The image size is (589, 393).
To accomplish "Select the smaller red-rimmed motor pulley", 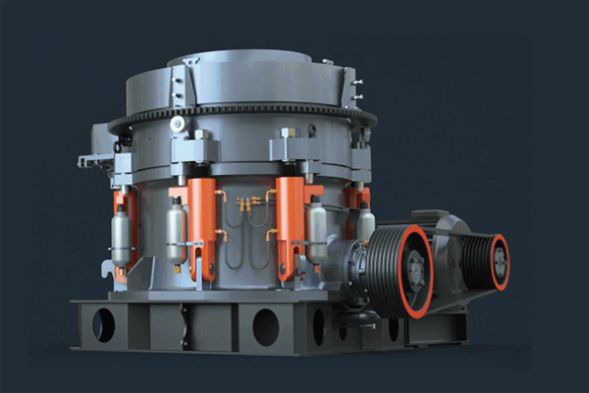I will coord(488,261).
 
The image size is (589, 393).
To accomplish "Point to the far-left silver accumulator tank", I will coord(121,236).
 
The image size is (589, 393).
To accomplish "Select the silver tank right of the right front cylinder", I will coord(317,232).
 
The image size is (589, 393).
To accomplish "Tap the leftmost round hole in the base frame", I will coord(103,324).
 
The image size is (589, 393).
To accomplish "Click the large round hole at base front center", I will coord(266,327).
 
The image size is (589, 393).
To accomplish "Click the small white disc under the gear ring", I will coord(177,125).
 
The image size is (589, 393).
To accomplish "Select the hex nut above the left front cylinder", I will coord(200,135).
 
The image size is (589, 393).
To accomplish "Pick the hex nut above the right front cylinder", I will coord(288,134).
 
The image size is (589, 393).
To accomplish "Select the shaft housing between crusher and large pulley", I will coord(348,260).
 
